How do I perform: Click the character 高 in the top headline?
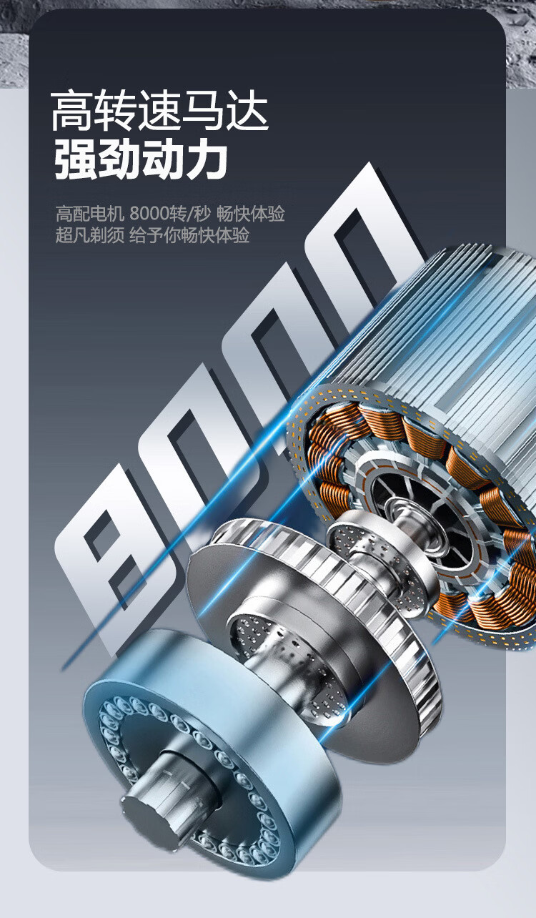(71, 111)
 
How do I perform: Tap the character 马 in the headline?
(203, 111)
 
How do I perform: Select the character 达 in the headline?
(247, 111)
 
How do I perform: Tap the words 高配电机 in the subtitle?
(90, 214)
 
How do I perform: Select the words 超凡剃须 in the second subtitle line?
(90, 236)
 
